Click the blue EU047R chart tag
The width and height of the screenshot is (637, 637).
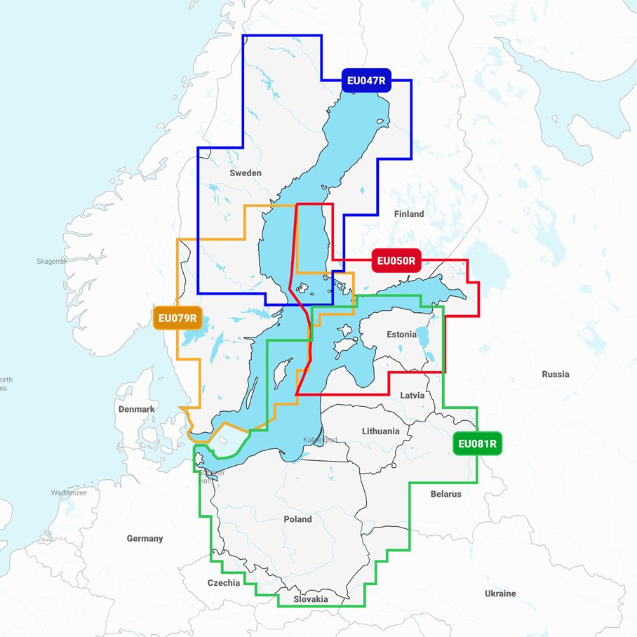tap(366, 80)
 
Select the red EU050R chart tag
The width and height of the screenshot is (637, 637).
tap(396, 262)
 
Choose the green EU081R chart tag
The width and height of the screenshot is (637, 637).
tap(477, 443)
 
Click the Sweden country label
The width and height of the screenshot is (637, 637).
tap(245, 173)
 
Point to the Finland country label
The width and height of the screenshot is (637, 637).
tap(409, 213)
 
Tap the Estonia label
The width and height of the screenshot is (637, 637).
tap(401, 335)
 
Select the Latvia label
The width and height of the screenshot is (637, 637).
tap(412, 395)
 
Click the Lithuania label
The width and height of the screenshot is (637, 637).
tap(381, 431)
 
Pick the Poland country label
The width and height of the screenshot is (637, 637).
tap(297, 519)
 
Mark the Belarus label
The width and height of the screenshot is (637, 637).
tap(445, 494)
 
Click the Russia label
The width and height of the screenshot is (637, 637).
tap(555, 374)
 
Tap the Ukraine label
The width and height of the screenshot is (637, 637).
tap(499, 594)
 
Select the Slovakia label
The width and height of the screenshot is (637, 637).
tap(311, 599)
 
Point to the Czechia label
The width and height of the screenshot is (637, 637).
tap(224, 583)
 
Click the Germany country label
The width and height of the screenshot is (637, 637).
tap(145, 539)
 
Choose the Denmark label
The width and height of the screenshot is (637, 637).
tap(137, 409)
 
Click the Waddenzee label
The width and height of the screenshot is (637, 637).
tap(68, 493)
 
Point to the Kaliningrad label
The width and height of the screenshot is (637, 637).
tap(320, 440)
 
